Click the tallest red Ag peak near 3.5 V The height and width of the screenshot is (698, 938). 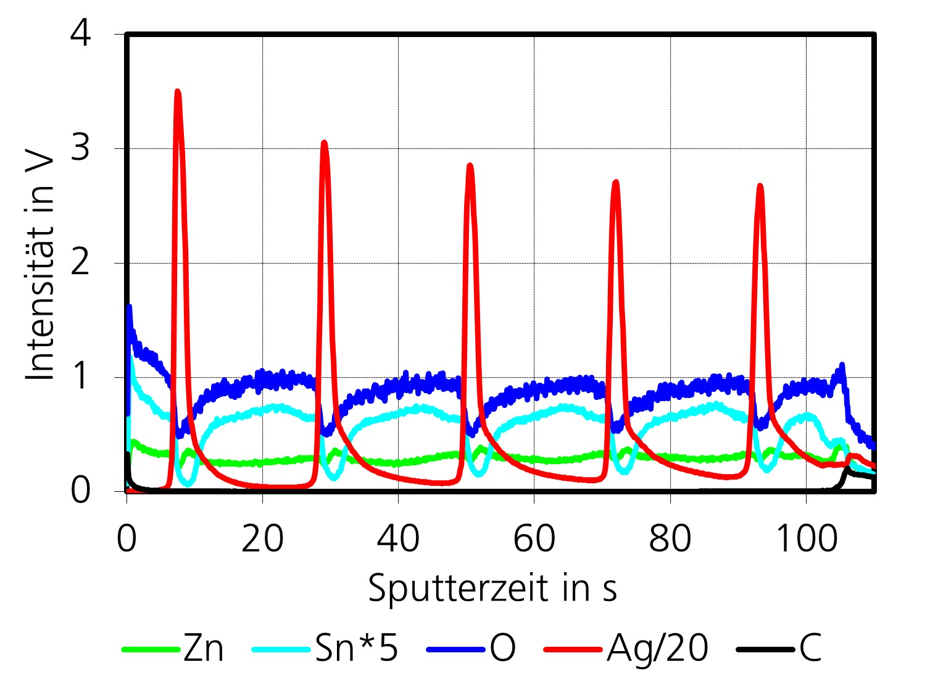[178, 93]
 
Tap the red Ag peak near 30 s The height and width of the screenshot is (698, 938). [324, 144]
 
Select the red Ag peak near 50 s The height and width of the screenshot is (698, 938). [470, 166]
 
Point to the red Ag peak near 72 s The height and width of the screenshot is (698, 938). [615, 183]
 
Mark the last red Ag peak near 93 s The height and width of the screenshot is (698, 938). [760, 186]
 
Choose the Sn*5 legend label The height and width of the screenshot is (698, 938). [356, 649]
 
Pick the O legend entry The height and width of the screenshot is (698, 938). [502, 649]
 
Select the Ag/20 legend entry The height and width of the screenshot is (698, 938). [657, 649]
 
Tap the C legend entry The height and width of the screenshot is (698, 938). [810, 649]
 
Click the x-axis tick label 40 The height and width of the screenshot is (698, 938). [398, 538]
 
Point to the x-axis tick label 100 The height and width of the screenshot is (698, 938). [805, 538]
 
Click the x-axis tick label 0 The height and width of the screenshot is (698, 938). [127, 538]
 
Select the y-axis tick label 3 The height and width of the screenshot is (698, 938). [81, 148]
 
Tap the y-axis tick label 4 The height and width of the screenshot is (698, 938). [81, 33]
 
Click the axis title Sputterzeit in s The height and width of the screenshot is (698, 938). [492, 588]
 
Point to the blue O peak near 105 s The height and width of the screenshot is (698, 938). [842, 367]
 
